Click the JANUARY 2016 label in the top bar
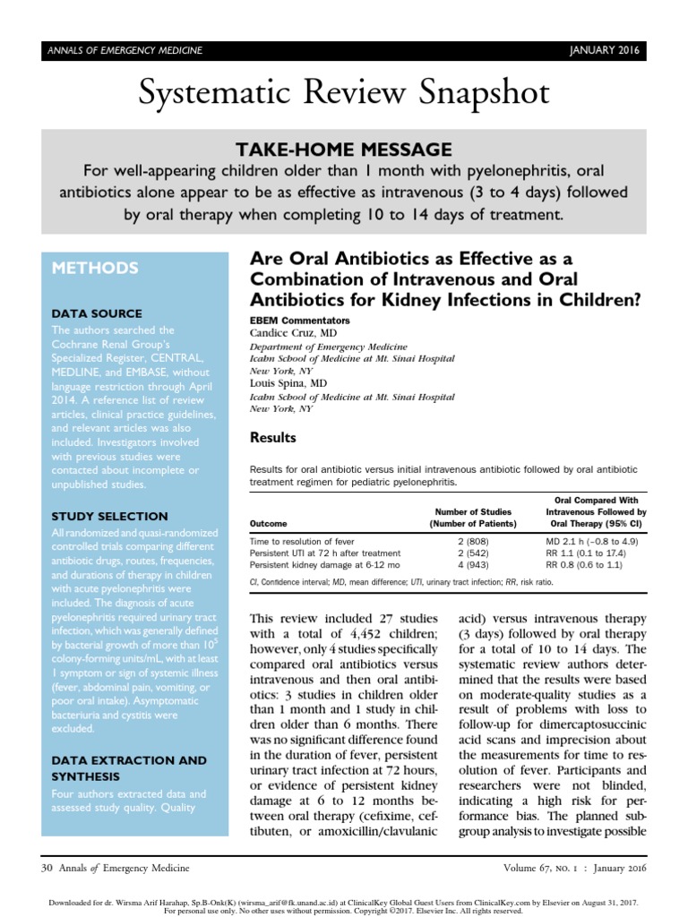604,50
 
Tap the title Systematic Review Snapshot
344,93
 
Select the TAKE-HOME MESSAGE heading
344,150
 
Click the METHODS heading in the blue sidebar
95,268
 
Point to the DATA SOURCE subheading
97,313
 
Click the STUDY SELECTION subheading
110,516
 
